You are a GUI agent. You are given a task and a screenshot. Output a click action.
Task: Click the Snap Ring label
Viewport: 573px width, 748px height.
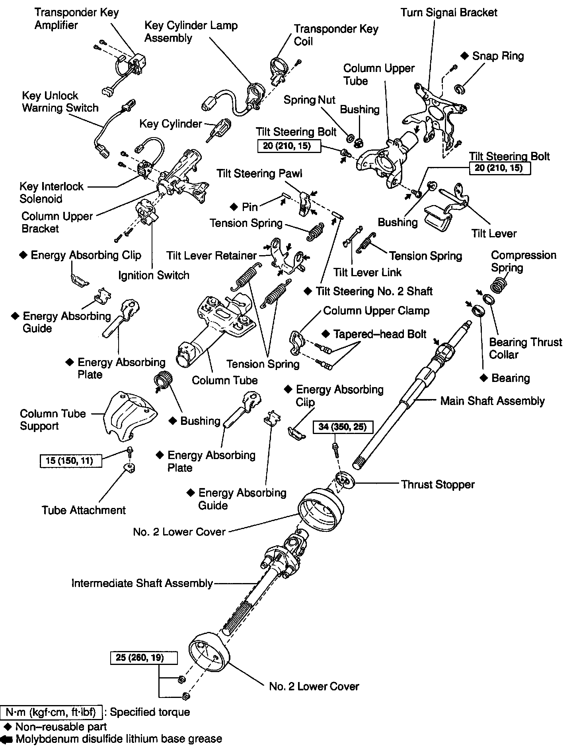tap(497, 56)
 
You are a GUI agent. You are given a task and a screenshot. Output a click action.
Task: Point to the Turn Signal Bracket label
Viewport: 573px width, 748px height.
tap(449, 13)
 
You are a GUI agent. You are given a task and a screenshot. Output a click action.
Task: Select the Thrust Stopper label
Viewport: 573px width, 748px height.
tap(437, 484)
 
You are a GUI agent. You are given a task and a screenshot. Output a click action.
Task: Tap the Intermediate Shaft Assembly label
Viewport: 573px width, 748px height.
tap(142, 583)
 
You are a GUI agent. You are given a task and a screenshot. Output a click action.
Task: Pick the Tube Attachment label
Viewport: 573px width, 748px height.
tap(84, 510)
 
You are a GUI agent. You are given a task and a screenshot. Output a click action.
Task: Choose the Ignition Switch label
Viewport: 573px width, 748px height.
tap(154, 275)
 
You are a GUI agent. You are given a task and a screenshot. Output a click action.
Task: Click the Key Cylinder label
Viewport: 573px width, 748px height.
tap(170, 124)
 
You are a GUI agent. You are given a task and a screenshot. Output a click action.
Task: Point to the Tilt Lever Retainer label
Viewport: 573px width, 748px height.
tap(211, 256)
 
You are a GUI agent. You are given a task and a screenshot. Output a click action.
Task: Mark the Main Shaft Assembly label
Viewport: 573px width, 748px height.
tap(492, 401)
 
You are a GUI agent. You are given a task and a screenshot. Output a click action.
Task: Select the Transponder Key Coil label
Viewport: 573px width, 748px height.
tap(336, 35)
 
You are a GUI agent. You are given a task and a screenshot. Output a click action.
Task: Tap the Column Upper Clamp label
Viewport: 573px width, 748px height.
tap(376, 310)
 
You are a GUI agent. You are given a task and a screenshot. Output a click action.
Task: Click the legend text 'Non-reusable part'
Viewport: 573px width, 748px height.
tap(60, 727)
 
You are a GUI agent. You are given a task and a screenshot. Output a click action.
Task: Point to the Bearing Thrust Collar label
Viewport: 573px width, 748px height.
tap(525, 348)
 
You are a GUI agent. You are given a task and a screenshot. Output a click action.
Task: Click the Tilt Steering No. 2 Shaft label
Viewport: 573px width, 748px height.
tap(374, 291)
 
